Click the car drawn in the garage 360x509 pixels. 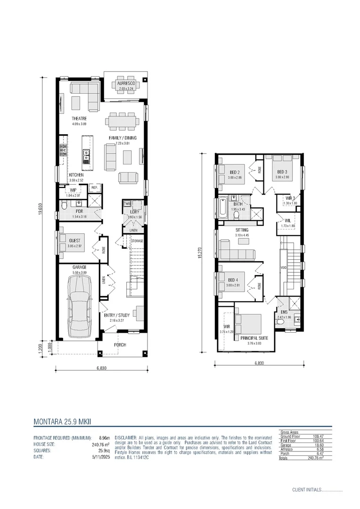point(79,306)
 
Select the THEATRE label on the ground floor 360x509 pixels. point(79,118)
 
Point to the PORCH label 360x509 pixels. point(120,345)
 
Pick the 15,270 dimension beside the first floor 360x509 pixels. point(201,253)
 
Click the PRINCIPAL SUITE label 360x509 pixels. point(254,338)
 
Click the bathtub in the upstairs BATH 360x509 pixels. point(223,207)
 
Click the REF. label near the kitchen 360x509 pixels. point(94,188)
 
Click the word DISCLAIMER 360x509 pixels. point(125,437)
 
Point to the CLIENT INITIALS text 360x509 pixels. point(306,490)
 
